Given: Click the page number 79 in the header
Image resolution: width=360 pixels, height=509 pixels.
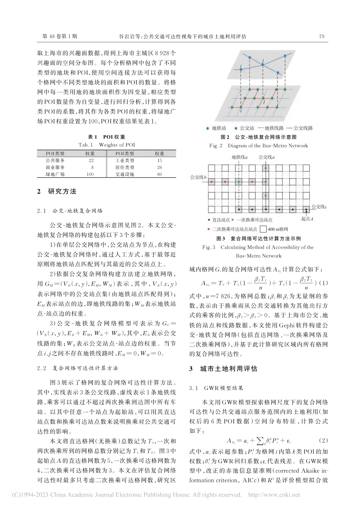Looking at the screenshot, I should click(322, 37).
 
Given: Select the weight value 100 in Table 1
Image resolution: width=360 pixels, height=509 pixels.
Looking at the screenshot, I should click(90, 174).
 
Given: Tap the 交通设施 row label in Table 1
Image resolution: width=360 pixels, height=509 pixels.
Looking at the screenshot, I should click(125, 174).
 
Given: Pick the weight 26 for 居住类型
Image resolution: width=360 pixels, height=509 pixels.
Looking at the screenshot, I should click(160, 167).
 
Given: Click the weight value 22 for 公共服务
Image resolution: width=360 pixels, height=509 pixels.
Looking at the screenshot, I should click(91, 161).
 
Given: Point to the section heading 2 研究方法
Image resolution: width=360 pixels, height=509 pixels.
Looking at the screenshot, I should click(57, 192).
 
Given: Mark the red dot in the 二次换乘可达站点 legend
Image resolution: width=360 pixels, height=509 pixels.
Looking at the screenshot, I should click(209, 229).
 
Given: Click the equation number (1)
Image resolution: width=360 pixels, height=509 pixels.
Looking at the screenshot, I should click(324, 283).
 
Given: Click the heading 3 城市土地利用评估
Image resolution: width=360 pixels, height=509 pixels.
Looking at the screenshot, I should click(223, 369).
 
